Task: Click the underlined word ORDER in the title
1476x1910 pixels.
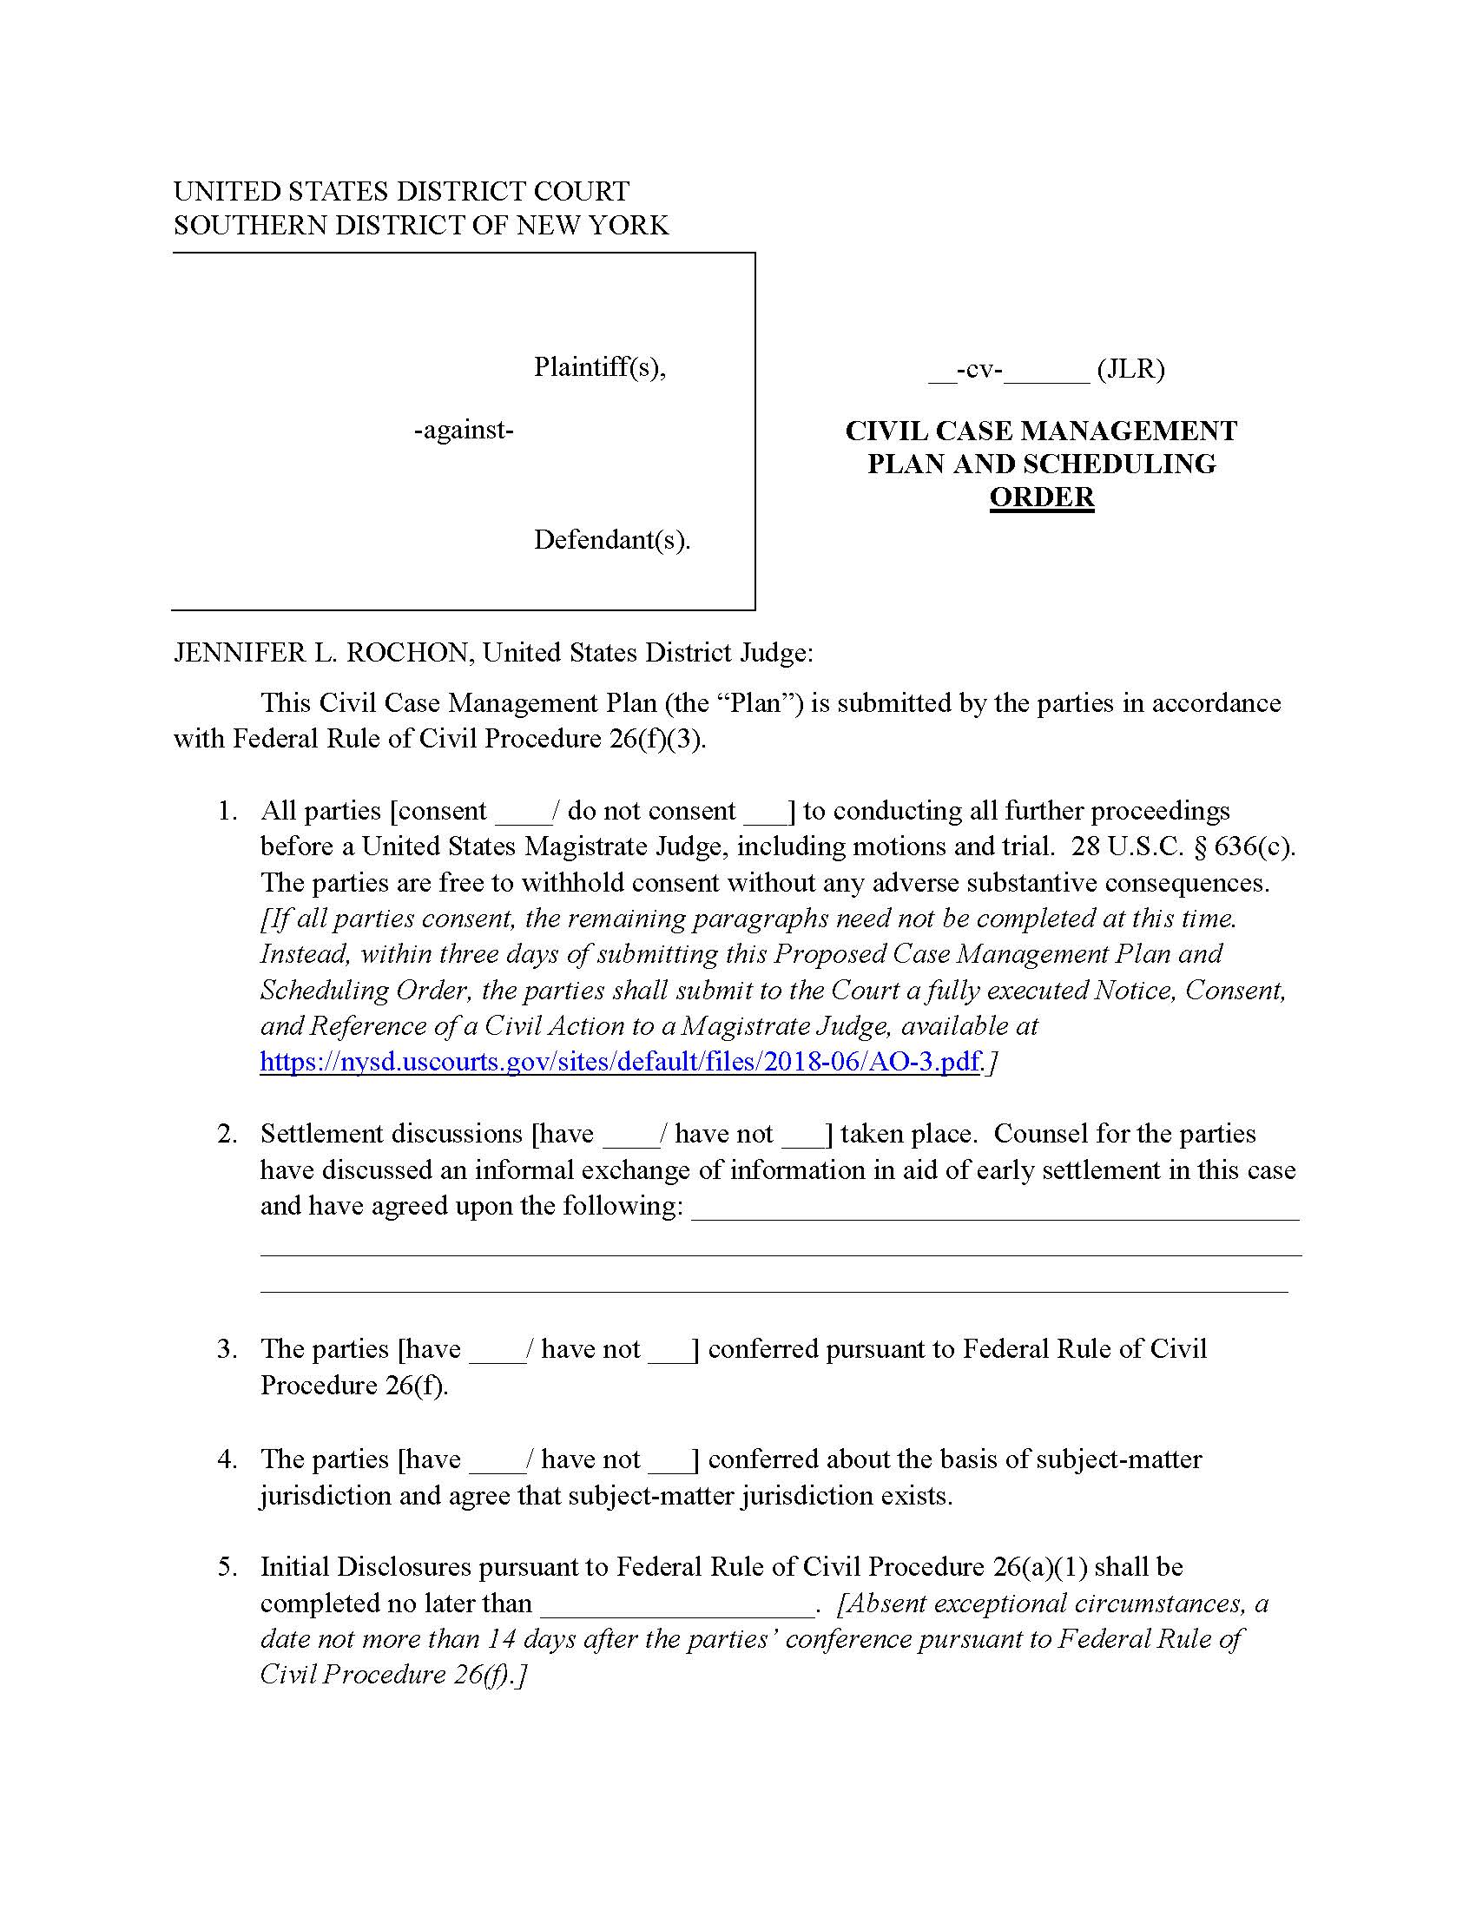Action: coord(1040,497)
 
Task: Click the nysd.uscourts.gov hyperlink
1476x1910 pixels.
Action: coord(619,1062)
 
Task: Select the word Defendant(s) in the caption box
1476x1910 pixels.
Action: coord(611,540)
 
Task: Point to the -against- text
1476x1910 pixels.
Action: coord(464,431)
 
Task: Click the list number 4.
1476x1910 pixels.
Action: coord(227,1459)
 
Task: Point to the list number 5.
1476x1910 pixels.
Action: coord(227,1566)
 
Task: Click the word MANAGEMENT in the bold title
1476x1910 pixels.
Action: coord(1128,431)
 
